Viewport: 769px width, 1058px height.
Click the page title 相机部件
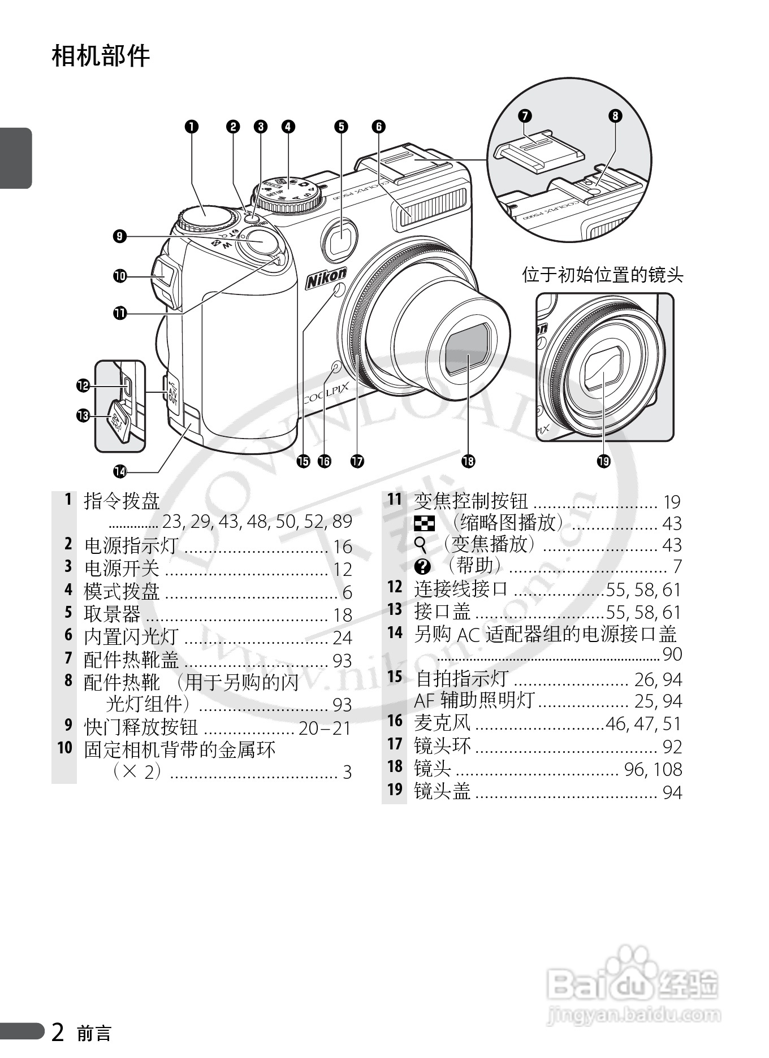click(x=101, y=56)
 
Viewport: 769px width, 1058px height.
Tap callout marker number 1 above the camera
click(x=192, y=127)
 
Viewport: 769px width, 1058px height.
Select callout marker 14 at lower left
click(x=120, y=470)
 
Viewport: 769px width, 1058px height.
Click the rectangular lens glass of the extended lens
click(x=467, y=348)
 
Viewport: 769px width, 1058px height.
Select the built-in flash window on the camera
click(x=430, y=211)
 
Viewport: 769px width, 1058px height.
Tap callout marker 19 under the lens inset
click(x=603, y=461)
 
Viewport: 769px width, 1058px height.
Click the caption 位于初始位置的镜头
click(x=602, y=275)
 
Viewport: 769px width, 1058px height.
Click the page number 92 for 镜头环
click(x=672, y=747)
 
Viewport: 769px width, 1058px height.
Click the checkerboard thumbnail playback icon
click(x=425, y=524)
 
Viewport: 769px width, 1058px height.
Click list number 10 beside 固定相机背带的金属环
click(x=65, y=748)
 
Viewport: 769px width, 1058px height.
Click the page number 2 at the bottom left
click(x=58, y=1032)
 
